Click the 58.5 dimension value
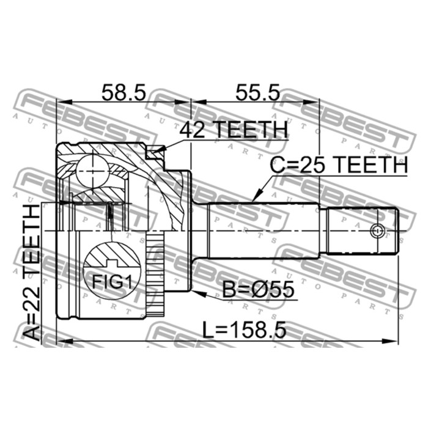tap(124, 92)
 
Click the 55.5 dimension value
tap(257, 92)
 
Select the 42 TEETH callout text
tap(234, 130)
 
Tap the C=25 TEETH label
tap(339, 165)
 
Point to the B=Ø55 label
tap(258, 290)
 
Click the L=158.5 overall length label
tap(244, 330)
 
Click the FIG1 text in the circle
tap(112, 282)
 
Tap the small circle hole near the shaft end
tap(377, 231)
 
